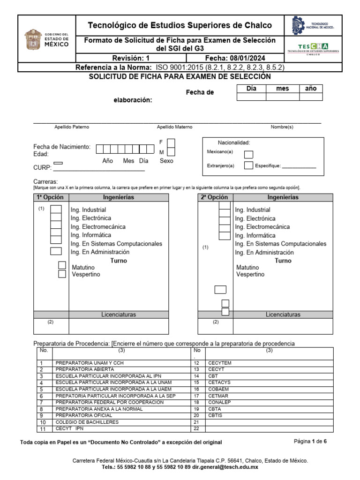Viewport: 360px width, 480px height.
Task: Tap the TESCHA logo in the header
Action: point(313,46)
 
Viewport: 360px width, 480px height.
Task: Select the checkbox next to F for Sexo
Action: point(172,142)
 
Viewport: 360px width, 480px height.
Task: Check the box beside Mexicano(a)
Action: point(249,155)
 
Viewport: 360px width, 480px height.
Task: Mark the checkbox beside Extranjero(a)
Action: point(249,165)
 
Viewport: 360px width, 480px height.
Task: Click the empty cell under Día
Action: point(251,97)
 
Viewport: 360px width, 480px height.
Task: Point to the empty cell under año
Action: point(311,97)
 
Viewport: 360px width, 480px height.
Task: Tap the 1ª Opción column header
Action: point(51,197)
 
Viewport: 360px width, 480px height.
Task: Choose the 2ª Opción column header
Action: point(215,197)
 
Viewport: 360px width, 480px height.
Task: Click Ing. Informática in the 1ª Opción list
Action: point(91,235)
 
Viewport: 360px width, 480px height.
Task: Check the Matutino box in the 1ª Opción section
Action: point(62,265)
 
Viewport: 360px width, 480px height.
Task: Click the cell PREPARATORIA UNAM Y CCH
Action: point(89,363)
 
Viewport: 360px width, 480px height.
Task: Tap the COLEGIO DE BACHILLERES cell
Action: point(87,422)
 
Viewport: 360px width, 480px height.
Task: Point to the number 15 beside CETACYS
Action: point(196,382)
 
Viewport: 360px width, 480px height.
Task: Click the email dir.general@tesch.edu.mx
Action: point(224,467)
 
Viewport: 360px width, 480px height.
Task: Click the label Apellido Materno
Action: point(174,127)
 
